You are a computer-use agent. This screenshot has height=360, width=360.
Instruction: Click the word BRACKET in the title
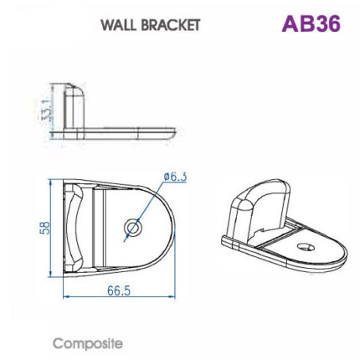(x=171, y=24)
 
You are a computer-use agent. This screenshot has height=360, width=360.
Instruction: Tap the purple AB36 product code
(x=311, y=23)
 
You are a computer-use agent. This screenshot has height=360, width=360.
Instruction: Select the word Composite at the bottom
(x=87, y=343)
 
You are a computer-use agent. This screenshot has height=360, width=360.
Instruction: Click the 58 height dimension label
(x=46, y=228)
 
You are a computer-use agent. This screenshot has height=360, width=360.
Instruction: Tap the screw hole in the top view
(x=131, y=227)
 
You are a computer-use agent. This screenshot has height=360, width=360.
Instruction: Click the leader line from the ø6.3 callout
(x=148, y=203)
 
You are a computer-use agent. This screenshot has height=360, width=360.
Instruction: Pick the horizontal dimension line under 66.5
(x=117, y=296)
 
